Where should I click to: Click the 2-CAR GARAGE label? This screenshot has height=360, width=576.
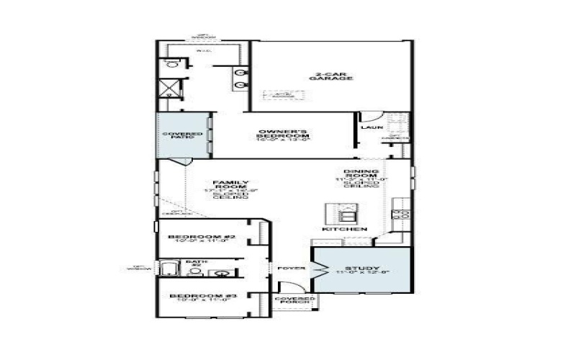coord(334,76)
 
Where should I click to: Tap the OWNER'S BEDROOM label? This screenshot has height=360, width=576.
coord(284,135)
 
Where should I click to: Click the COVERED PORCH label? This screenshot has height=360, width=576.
coord(295,300)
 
